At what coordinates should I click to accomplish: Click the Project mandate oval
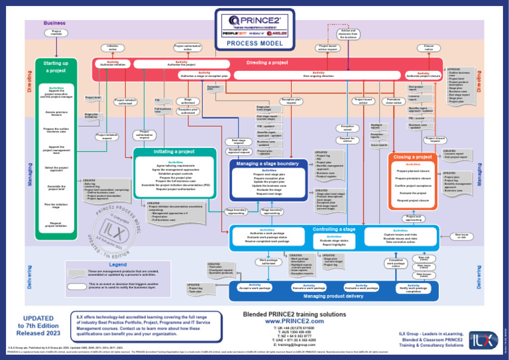pyautogui.click(x=56, y=32)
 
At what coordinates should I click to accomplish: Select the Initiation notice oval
pyautogui.click(x=113, y=47)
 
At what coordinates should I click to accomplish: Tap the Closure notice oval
pyautogui.click(x=429, y=47)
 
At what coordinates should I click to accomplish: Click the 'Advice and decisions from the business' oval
pyautogui.click(x=348, y=32)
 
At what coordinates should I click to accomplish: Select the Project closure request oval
pyautogui.click(x=435, y=139)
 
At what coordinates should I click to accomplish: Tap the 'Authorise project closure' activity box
pyautogui.click(x=422, y=75)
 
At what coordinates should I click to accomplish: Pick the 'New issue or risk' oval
pyautogui.click(x=461, y=235)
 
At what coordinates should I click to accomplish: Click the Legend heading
pyautogui.click(x=117, y=264)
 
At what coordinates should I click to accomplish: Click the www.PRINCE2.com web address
pyautogui.click(x=283, y=321)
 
